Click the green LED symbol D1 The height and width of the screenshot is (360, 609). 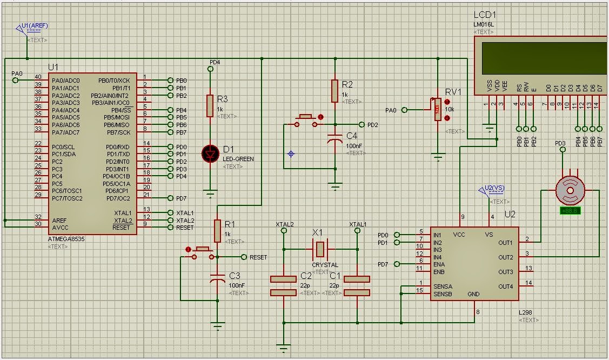pos(210,154)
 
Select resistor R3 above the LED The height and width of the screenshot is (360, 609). pos(210,105)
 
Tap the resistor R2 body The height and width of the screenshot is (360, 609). pos(335,91)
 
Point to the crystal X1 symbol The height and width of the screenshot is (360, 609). pos(320,249)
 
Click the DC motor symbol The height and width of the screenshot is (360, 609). pos(570,190)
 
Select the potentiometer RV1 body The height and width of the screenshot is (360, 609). pos(437,110)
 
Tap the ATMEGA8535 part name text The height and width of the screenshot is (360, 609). pos(65,238)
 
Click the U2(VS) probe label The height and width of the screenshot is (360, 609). pos(494,188)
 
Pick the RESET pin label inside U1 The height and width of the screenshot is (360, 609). pos(122,228)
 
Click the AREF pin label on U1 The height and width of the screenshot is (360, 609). pos(59,221)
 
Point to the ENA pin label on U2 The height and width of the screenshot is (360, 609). pos(439,264)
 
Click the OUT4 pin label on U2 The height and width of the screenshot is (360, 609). pos(505,286)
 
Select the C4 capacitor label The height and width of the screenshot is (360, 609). pos(352,136)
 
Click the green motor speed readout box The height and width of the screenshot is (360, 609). pos(570,210)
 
